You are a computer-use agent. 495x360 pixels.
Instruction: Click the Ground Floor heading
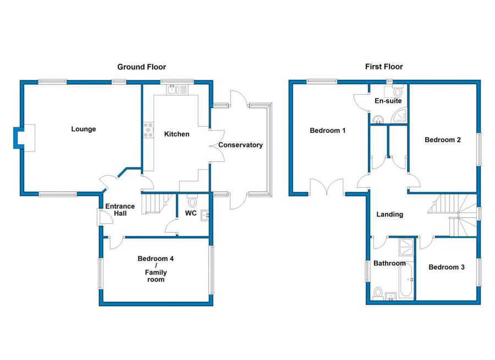141,67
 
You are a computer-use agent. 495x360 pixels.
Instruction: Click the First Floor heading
384,67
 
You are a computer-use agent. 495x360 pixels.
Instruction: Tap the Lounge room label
84,129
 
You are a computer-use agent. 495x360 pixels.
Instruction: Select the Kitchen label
177,134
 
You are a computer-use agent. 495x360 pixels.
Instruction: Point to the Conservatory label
240,145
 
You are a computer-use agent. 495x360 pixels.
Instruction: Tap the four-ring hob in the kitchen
148,130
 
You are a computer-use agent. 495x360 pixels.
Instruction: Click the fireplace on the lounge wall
25,137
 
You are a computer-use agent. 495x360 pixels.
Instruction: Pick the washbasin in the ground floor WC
206,215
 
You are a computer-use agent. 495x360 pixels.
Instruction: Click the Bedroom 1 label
328,131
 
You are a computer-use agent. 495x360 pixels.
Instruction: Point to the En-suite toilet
398,91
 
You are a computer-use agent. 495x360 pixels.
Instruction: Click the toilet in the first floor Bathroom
379,291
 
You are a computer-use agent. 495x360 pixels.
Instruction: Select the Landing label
390,214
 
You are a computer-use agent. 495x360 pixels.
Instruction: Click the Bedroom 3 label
447,267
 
